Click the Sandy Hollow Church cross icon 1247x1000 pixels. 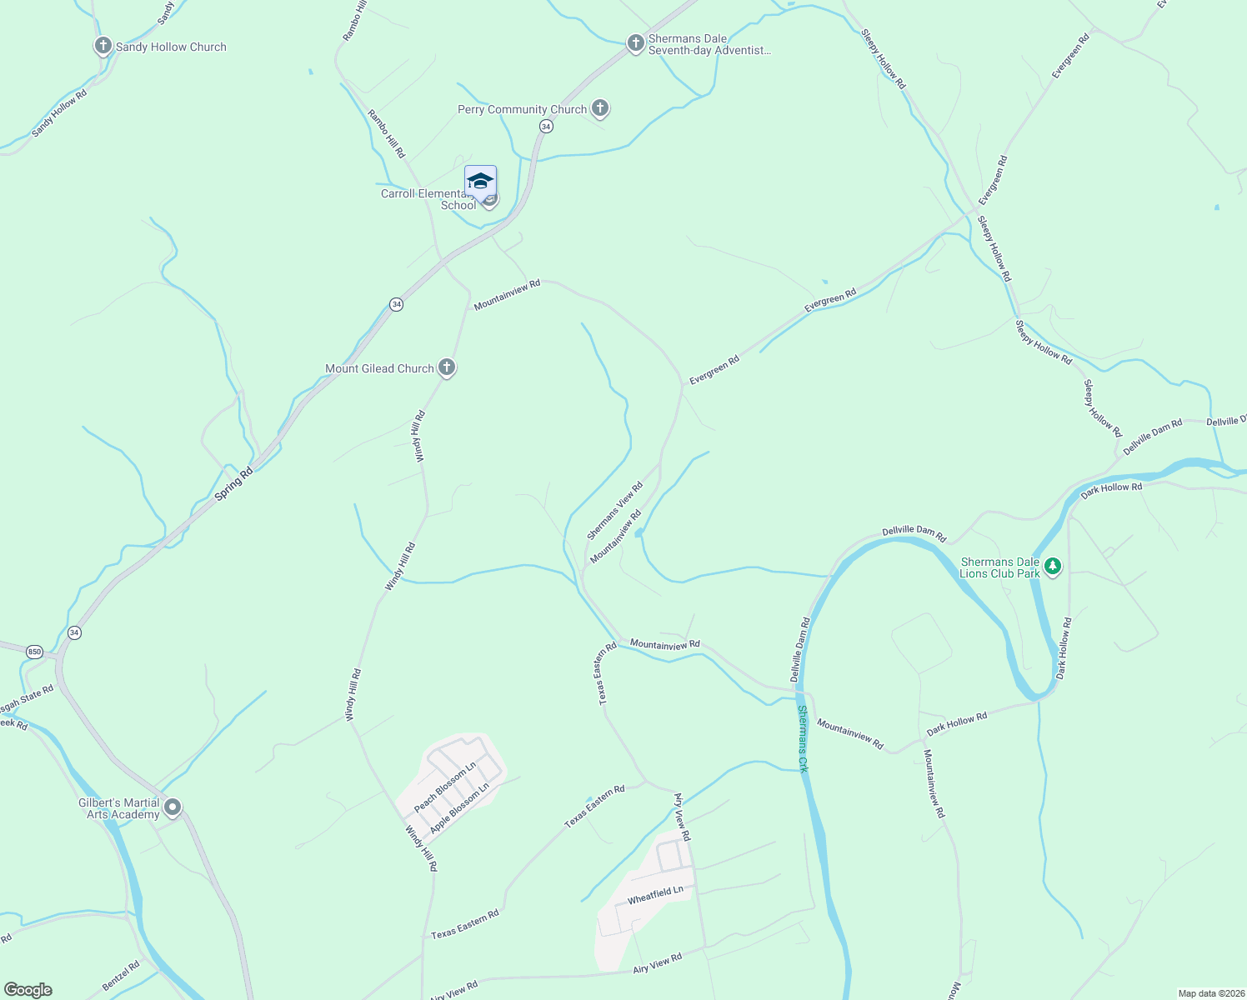(x=103, y=46)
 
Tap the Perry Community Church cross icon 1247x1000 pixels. (x=599, y=108)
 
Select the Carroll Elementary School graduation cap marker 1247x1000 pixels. (x=480, y=182)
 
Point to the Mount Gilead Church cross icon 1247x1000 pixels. (x=447, y=367)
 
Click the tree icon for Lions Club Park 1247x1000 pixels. (x=1053, y=567)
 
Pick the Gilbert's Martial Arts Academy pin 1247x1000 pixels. (x=173, y=807)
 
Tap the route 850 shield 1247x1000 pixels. (x=34, y=651)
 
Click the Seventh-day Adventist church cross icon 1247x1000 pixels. (x=635, y=43)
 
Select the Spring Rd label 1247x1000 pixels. (x=234, y=484)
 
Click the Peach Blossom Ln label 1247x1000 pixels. (x=445, y=787)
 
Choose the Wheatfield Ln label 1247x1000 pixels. (x=655, y=895)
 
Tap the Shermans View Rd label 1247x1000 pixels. (x=615, y=511)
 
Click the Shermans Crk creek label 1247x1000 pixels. (x=803, y=739)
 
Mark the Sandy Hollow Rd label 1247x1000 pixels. (x=59, y=113)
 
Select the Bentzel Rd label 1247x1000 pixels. (x=121, y=977)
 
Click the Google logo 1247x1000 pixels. (x=28, y=990)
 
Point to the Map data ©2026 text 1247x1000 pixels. (x=1210, y=993)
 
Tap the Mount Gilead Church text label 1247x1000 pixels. (x=379, y=368)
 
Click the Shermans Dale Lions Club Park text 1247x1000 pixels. (x=999, y=567)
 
